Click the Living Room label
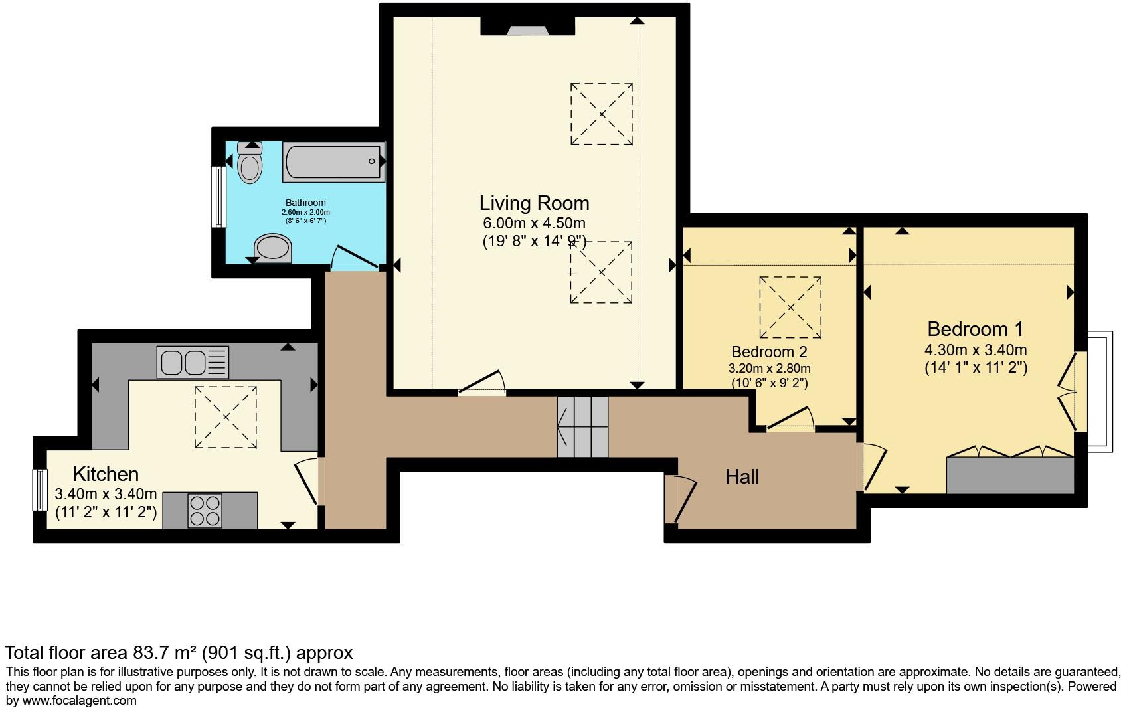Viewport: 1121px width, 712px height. coord(534,203)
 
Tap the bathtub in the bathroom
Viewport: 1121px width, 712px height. coord(334,161)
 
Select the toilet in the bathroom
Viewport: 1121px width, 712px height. coord(250,162)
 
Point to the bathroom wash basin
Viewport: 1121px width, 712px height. coord(273,248)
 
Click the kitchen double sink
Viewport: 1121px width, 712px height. coord(193,362)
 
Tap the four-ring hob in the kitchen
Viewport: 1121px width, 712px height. coord(205,510)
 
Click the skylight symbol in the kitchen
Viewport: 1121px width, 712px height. coord(226,417)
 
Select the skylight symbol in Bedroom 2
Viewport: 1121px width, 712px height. coord(790,308)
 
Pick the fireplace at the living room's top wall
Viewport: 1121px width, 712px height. coord(527,26)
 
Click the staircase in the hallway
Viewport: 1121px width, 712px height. coord(582,427)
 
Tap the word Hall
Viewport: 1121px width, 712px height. coord(742,477)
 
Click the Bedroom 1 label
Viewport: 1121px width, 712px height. coord(976,329)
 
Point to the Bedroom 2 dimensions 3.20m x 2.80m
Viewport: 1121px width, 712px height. coord(769,369)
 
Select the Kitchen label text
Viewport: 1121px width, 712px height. coord(106,474)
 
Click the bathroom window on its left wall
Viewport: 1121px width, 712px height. coord(218,197)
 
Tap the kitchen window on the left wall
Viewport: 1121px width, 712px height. coord(40,490)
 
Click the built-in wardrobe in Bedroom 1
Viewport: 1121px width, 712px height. coord(1010,475)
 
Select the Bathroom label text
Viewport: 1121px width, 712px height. coord(305,203)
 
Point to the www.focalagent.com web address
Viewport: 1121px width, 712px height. coord(79,701)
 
